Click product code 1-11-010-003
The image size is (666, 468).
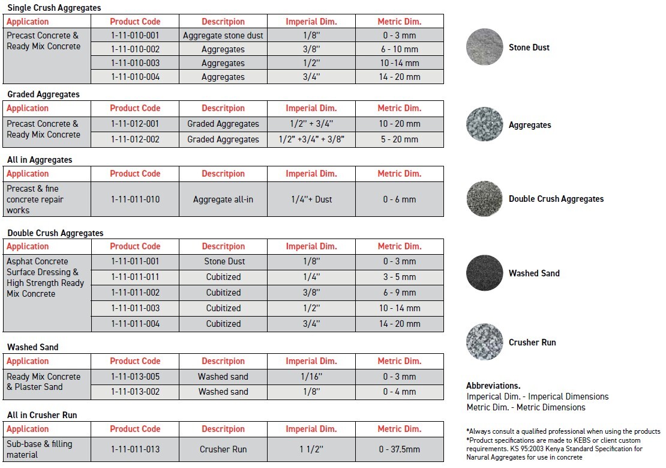pyautogui.click(x=135, y=63)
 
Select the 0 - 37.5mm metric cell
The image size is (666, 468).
pyautogui.click(x=399, y=449)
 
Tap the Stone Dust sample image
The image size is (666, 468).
pyautogui.click(x=485, y=47)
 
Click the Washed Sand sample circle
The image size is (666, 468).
pyautogui.click(x=485, y=273)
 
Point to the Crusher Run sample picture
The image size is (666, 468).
pyautogui.click(x=485, y=342)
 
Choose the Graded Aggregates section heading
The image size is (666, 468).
pyautogui.click(x=43, y=94)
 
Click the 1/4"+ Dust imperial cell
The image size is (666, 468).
pyautogui.click(x=311, y=199)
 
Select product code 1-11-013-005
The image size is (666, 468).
pyautogui.click(x=135, y=377)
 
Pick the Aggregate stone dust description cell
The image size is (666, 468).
pyautogui.click(x=223, y=35)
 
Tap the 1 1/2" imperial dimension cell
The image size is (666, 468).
pyautogui.click(x=311, y=449)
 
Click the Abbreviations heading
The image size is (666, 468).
pyautogui.click(x=493, y=386)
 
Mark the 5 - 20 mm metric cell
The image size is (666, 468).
pyautogui.click(x=399, y=139)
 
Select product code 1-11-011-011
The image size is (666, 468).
pyautogui.click(x=135, y=277)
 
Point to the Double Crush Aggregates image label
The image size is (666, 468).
pyautogui.click(x=556, y=199)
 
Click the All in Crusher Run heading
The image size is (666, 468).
pyautogui.click(x=42, y=415)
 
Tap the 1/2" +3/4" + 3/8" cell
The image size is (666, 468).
pyautogui.click(x=311, y=139)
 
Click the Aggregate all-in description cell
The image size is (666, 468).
pyautogui.click(x=223, y=199)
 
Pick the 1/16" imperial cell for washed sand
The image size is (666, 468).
pyautogui.click(x=311, y=377)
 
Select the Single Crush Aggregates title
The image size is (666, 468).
pyautogui.click(x=54, y=8)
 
